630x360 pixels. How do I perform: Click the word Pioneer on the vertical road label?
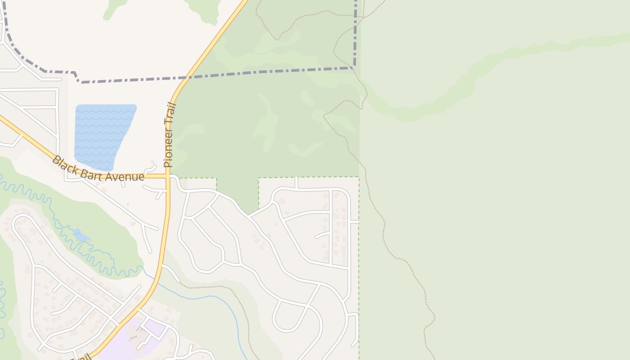point(169,149)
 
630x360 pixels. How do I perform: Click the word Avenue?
point(125,176)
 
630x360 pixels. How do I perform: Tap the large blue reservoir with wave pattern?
point(103,135)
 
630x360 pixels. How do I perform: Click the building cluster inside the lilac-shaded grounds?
point(137,333)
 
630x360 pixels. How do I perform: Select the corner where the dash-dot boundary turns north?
point(355,67)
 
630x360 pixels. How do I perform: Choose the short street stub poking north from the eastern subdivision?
point(296,182)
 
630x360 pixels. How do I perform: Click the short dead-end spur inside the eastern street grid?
point(321,235)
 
